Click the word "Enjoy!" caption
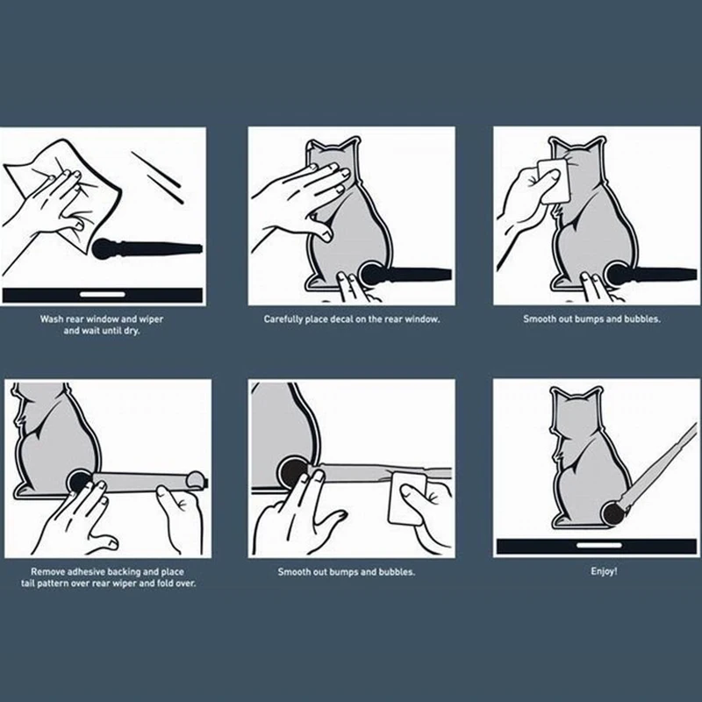tap(604, 571)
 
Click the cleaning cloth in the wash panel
tap(63, 192)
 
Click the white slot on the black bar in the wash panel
tap(103, 294)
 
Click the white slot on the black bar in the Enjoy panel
tap(599, 545)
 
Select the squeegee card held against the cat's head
tap(555, 181)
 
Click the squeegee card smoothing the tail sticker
tap(408, 498)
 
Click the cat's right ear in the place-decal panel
tap(350, 145)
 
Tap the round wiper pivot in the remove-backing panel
tap(80, 481)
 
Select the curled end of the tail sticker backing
tap(196, 479)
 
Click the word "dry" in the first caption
tap(132, 332)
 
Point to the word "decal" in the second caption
tap(341, 319)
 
